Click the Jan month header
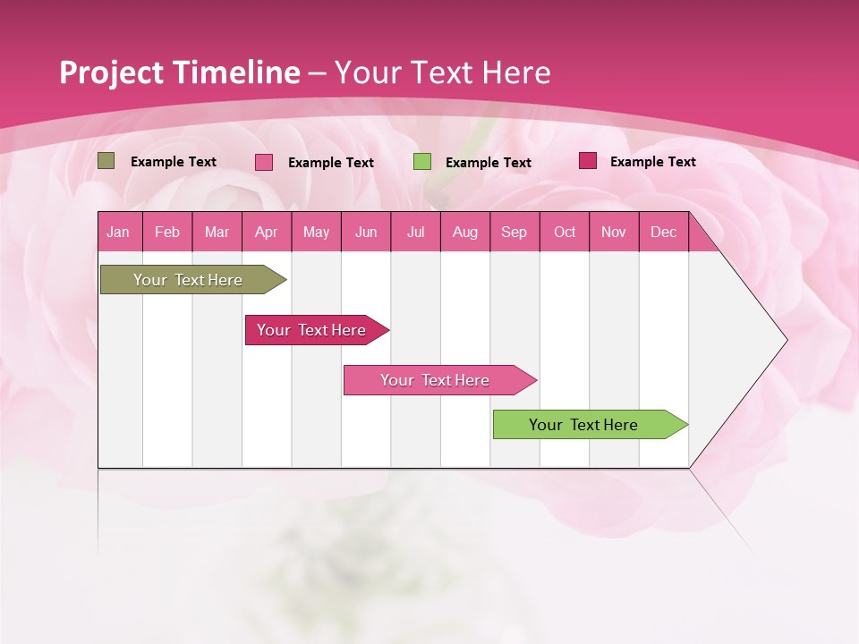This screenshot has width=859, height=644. click(118, 232)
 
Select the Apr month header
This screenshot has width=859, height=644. click(266, 232)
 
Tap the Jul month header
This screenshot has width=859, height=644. click(415, 232)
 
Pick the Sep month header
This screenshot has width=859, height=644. click(514, 232)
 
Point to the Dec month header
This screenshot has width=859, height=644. click(663, 232)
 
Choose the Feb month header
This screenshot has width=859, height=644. click(167, 232)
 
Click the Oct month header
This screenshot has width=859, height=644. click(565, 232)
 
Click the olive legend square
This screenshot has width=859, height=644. click(106, 161)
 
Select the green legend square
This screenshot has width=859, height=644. click(422, 162)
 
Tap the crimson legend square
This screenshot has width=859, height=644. click(588, 161)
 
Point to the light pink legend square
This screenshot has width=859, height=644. click(264, 162)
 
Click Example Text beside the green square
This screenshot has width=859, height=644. click(488, 163)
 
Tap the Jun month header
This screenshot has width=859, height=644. click(366, 232)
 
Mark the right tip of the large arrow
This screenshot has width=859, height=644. click(786, 340)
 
